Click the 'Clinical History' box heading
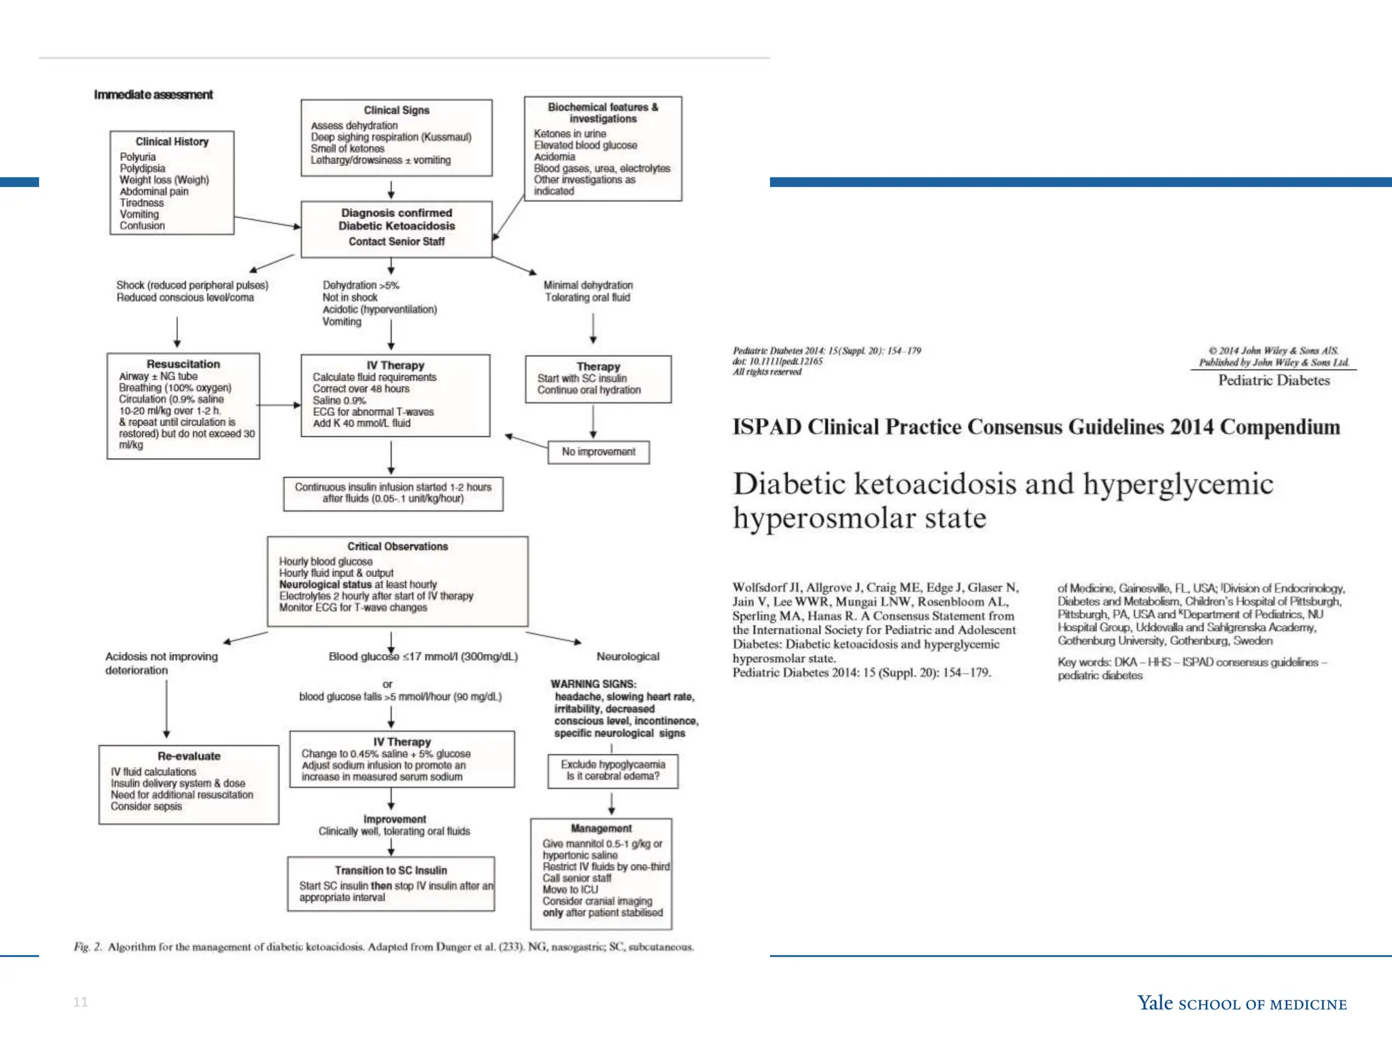click(172, 141)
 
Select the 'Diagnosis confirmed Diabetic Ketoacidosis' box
click(396, 228)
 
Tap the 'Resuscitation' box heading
click(183, 364)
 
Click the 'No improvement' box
click(598, 452)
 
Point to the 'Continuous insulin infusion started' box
click(393, 493)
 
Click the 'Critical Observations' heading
click(398, 546)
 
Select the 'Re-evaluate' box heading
click(189, 756)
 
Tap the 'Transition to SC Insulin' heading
click(391, 871)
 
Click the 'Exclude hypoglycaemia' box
click(612, 770)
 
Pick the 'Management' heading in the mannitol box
click(601, 829)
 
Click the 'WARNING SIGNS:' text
click(593, 684)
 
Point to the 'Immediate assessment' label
click(153, 94)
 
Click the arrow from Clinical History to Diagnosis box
click(267, 222)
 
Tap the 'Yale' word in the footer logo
click(1155, 1003)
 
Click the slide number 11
click(80, 1002)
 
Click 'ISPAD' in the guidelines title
click(767, 427)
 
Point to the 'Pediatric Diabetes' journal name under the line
click(1274, 381)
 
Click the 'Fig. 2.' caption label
click(88, 947)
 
